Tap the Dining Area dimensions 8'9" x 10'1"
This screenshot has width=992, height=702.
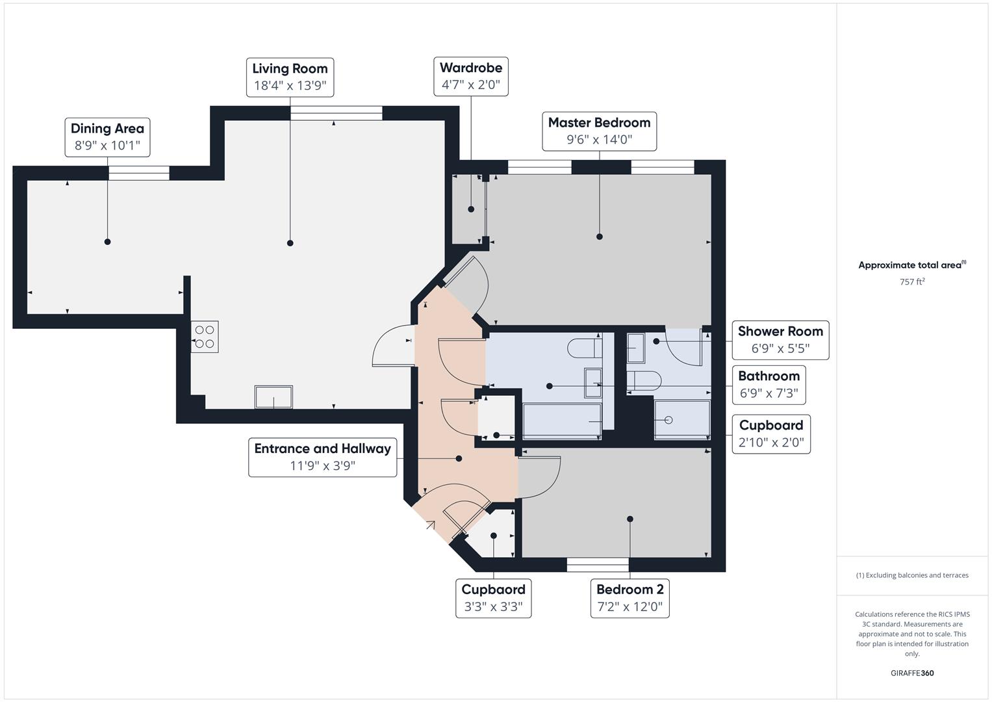pyautogui.click(x=107, y=146)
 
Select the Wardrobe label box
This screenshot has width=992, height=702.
pyautogui.click(x=471, y=76)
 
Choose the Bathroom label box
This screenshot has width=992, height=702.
pyautogui.click(x=769, y=384)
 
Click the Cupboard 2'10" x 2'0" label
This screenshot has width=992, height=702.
pyautogui.click(x=771, y=434)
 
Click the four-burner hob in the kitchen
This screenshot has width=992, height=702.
pyautogui.click(x=205, y=337)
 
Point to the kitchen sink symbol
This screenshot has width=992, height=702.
pyautogui.click(x=273, y=396)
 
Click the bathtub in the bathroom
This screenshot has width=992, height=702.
pyautogui.click(x=562, y=421)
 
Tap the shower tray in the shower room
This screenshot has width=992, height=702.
pyautogui.click(x=681, y=420)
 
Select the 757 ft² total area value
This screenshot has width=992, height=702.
pyautogui.click(x=912, y=282)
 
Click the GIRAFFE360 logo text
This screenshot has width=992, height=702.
pyautogui.click(x=912, y=673)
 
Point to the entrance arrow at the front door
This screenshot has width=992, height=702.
pyautogui.click(x=430, y=525)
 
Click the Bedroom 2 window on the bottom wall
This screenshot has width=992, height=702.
pyautogui.click(x=598, y=565)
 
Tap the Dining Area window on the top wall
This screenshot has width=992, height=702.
pyautogui.click(x=138, y=173)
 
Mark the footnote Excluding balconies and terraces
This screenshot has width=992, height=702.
pyautogui.click(x=912, y=575)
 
